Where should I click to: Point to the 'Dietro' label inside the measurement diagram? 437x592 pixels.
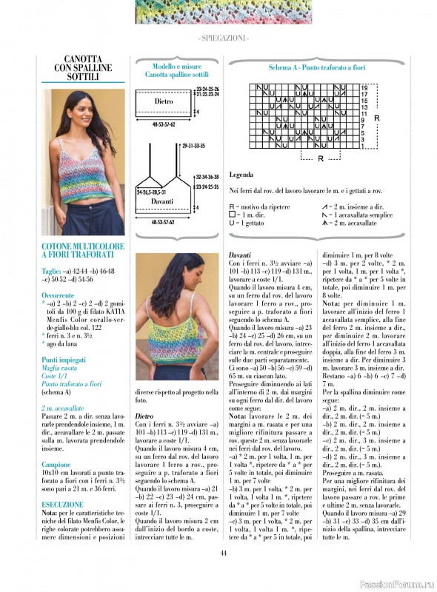(164, 101)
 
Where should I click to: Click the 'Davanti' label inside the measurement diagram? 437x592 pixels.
(162, 201)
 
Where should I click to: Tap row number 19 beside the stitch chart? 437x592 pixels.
(364, 87)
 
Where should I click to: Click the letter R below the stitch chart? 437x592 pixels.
(320, 158)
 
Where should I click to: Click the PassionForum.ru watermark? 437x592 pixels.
(395, 583)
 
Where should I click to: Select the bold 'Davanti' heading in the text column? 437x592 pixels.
(241, 255)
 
